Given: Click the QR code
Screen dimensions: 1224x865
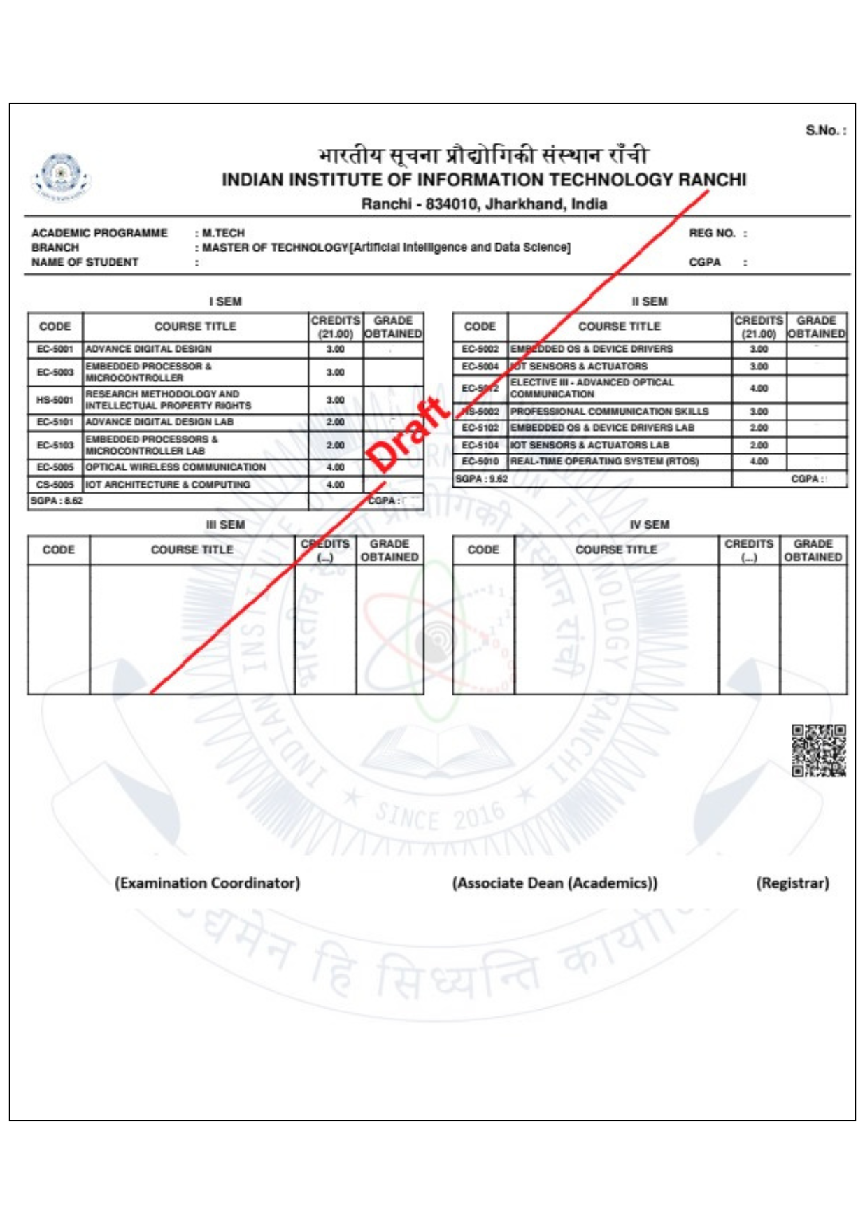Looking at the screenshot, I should point(818,750).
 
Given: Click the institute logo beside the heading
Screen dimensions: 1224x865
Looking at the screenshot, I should point(62,176).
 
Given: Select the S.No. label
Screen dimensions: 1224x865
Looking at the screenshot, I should point(826,130).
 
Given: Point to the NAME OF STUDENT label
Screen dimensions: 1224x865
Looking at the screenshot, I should point(85,262).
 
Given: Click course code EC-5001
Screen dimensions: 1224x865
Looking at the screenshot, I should point(55,349).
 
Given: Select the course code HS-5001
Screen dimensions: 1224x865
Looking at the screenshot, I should point(55,400).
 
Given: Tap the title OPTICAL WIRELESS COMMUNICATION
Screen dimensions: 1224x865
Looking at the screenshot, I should point(176,467).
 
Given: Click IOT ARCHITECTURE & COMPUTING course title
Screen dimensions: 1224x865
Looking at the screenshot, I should point(167,484).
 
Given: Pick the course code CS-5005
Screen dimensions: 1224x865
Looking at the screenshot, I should point(55,484).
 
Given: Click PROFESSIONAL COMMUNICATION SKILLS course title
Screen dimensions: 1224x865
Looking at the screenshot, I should point(609,411).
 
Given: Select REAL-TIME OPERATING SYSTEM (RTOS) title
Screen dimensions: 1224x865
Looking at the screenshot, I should point(604,462).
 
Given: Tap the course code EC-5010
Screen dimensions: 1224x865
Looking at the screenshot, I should point(480,462).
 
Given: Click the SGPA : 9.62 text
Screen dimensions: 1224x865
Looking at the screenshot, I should point(481,479).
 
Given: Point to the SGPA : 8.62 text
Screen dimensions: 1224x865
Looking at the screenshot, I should point(57,501).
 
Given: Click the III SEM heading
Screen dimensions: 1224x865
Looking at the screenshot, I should point(225,525).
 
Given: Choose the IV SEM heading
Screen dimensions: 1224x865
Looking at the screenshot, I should point(649,525).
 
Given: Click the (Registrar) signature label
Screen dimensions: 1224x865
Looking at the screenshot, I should point(792,883).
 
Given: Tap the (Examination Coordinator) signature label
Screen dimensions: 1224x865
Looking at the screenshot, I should point(208,883).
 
